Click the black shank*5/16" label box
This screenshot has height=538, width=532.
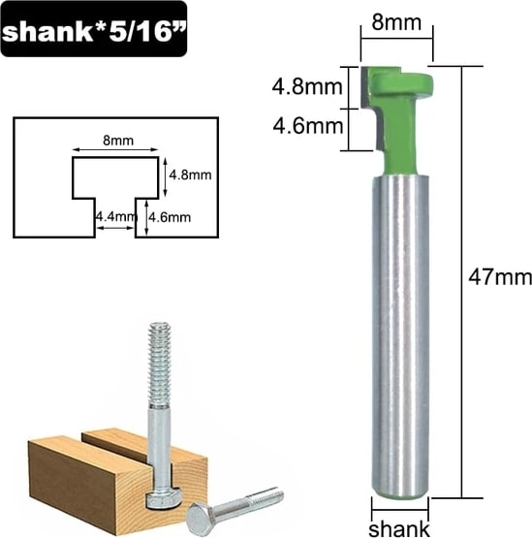[94, 29]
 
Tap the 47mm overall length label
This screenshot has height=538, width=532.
[500, 277]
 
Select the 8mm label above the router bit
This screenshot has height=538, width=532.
[396, 23]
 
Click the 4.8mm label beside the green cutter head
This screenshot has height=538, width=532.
[307, 87]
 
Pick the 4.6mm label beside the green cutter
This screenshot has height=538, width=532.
[308, 126]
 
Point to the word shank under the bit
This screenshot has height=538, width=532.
[399, 528]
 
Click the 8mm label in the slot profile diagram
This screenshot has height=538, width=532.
[118, 141]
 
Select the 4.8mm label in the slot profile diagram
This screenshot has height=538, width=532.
[190, 175]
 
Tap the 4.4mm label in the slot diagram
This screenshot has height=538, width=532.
[116, 217]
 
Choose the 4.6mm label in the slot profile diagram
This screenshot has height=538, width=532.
[170, 217]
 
